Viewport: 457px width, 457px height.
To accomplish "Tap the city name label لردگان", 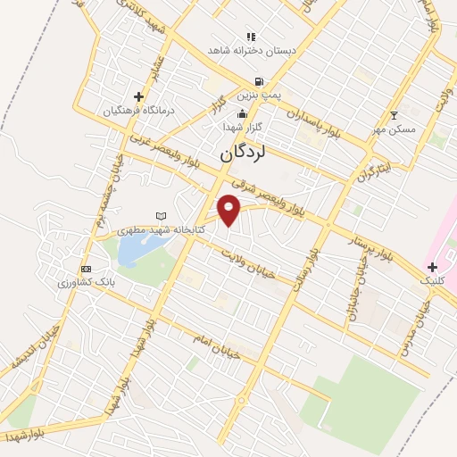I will tap(244, 154).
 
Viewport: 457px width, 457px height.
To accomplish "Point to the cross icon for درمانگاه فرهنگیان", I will tap(138, 96).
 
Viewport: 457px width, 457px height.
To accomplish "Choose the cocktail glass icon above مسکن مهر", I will tap(395, 115).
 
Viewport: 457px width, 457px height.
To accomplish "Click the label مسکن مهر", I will tap(395, 129).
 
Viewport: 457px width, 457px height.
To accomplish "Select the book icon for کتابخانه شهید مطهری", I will tap(161, 216).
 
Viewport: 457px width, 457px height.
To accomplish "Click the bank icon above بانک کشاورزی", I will tap(86, 269).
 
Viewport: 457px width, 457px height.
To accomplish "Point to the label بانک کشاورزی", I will tap(84, 282).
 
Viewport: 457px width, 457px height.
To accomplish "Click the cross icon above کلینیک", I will tap(432, 267).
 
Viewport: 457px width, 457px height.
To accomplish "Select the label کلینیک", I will tap(432, 280).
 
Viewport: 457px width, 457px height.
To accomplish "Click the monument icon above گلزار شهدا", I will tap(242, 113).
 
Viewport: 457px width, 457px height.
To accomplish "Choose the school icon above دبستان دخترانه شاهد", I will tap(251, 37).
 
